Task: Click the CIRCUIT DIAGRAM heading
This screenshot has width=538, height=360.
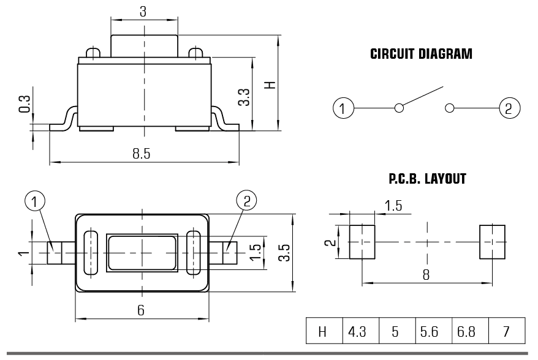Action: point(421,54)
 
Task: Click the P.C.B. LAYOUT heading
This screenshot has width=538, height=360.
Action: point(427,179)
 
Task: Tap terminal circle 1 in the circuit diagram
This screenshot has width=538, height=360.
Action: point(343,108)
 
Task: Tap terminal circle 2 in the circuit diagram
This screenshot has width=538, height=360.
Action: point(510,108)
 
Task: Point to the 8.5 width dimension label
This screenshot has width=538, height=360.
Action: point(142,154)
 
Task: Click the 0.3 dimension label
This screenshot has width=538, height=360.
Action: point(25,104)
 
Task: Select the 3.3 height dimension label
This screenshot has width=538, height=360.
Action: point(244,97)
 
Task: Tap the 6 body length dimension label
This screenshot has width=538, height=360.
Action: point(141,310)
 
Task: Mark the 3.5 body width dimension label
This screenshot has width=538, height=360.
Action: point(284,253)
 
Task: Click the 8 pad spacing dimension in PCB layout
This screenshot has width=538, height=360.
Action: point(426,275)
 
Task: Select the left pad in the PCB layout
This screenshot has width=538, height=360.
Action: point(362,242)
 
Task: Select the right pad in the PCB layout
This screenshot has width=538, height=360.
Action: point(493,242)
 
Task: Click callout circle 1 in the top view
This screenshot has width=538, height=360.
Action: point(35,201)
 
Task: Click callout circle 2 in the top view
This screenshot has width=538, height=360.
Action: point(247,200)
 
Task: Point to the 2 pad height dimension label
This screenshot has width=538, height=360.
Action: point(330,242)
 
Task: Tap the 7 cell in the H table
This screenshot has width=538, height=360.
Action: point(506,331)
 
